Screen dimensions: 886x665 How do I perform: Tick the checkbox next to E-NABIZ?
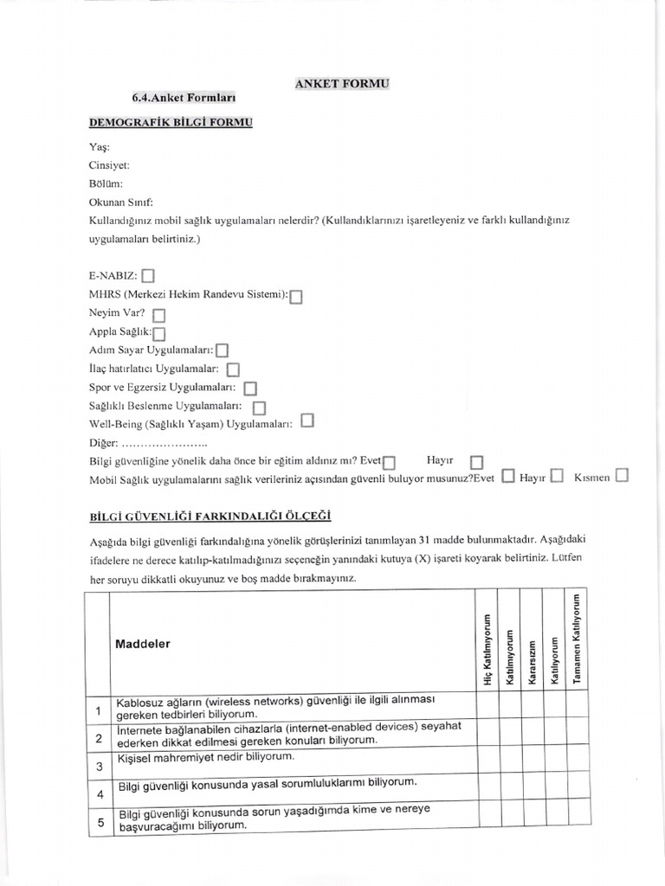pos(148,277)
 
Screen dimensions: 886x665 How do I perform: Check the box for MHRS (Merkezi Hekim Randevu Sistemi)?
pos(296,297)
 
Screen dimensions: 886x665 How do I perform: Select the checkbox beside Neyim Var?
pos(158,315)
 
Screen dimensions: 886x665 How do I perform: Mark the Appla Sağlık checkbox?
pos(159,333)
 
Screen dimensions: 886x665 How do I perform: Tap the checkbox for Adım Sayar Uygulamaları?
pos(222,350)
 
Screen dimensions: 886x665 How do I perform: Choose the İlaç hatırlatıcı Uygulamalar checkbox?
pos(232,370)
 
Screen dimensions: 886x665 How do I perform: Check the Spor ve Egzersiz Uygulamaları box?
pos(250,388)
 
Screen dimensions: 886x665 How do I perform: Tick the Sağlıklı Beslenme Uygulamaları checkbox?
pos(259,407)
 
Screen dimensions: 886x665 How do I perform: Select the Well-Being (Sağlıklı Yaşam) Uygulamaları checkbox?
pos(308,422)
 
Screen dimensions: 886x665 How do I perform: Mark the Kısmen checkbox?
pos(622,475)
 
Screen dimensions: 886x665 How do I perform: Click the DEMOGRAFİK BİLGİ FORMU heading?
pos(171,123)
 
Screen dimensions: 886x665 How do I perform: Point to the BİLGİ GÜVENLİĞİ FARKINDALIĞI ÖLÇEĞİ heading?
pos(210,516)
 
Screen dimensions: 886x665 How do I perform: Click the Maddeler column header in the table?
pos(143,644)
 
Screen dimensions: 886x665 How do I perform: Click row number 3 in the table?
pos(100,766)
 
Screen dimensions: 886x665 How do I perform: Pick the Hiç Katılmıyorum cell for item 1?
pos(487,707)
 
